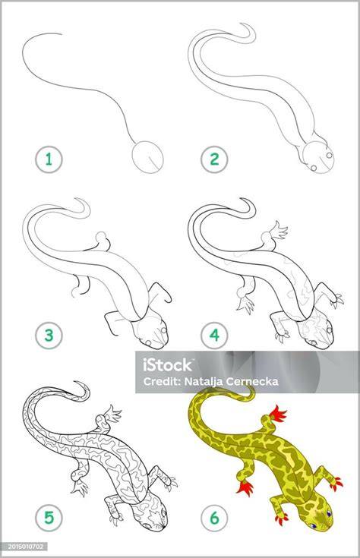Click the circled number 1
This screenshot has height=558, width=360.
[x=49, y=159]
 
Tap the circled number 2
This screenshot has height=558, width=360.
[x=214, y=159]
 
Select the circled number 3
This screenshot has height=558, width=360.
[x=49, y=335]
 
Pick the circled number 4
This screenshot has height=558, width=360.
[x=214, y=335]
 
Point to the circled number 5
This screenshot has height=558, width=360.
[x=49, y=518]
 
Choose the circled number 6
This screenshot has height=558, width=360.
[x=214, y=518]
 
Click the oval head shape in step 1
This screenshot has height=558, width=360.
[x=148, y=157]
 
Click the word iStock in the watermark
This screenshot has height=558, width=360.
[x=168, y=365]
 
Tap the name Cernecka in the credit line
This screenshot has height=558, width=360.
[x=254, y=382]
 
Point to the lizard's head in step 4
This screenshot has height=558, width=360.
[x=317, y=332]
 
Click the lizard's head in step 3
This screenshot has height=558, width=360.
[x=151, y=333]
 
